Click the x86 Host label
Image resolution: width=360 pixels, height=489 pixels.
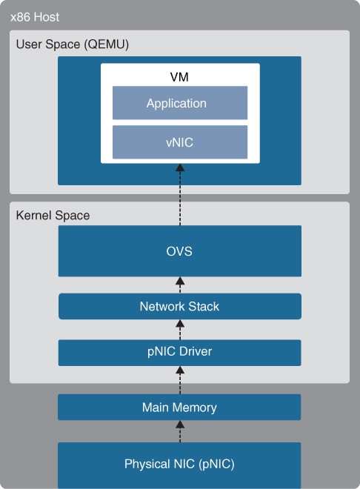click(35, 17)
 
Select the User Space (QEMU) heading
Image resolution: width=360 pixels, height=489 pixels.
click(73, 44)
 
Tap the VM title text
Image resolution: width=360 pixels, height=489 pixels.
click(179, 77)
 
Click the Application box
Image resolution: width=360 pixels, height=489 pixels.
click(180, 103)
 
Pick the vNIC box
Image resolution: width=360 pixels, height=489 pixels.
click(180, 142)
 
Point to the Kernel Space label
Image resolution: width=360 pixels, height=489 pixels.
click(53, 216)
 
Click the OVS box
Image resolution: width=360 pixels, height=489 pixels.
click(180, 251)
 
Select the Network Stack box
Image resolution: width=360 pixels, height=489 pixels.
click(180, 306)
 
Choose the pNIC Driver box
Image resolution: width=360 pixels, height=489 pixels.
click(180, 353)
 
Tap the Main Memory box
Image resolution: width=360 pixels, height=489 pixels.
click(179, 407)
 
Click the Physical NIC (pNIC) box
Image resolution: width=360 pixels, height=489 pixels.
click(179, 465)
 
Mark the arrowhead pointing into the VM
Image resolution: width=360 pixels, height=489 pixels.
click(180, 167)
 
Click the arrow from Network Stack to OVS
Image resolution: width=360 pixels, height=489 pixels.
click(180, 285)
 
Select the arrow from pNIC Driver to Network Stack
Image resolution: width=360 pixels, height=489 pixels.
click(180, 330)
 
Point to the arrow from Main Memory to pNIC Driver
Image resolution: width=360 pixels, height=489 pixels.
click(180, 380)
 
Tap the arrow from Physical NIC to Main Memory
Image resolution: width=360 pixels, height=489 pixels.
click(180, 431)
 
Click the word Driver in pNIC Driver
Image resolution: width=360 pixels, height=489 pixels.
click(196, 351)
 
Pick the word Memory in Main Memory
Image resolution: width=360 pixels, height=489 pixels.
click(194, 408)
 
